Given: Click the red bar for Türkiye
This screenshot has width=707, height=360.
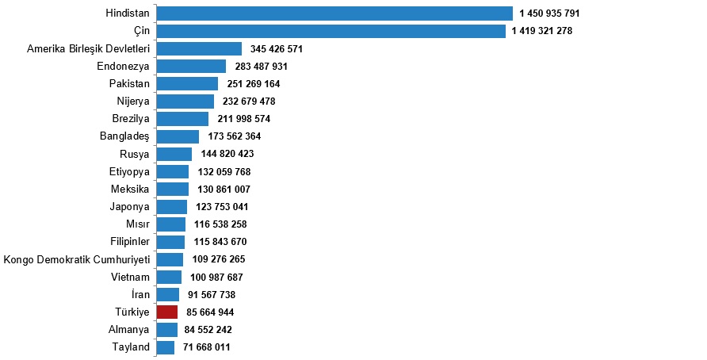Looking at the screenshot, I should coord(167,312).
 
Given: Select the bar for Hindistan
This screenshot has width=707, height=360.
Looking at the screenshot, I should coord(334,13).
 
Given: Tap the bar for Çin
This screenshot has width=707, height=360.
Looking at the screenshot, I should coord(331,31).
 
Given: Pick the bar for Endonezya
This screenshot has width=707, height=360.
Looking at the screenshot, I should coord(191,66).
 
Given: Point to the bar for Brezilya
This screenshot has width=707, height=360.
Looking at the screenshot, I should coord(182,119).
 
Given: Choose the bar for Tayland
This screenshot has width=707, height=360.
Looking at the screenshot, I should coord(166,347).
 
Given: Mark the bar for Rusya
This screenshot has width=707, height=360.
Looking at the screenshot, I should coord(174,154).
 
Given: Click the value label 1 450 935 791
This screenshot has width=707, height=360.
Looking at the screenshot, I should coord(550,13).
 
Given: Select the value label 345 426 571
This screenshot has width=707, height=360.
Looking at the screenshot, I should coord(277,49).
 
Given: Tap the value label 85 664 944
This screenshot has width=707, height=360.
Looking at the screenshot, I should coord(210,312).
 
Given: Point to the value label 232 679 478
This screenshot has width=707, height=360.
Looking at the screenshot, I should coord(249,101).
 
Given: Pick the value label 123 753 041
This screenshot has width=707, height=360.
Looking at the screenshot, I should coord(222,207).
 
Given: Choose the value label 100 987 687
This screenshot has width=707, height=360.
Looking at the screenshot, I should coord(216,278).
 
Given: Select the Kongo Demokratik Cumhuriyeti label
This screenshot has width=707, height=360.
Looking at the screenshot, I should coord(77,259).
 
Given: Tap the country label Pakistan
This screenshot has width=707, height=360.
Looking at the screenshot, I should coord(129,83).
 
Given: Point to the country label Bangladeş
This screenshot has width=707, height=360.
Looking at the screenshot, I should coord(125,136).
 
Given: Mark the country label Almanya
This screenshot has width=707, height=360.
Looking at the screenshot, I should coord(128,330).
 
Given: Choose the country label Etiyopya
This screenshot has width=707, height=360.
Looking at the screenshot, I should coord(129,171).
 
